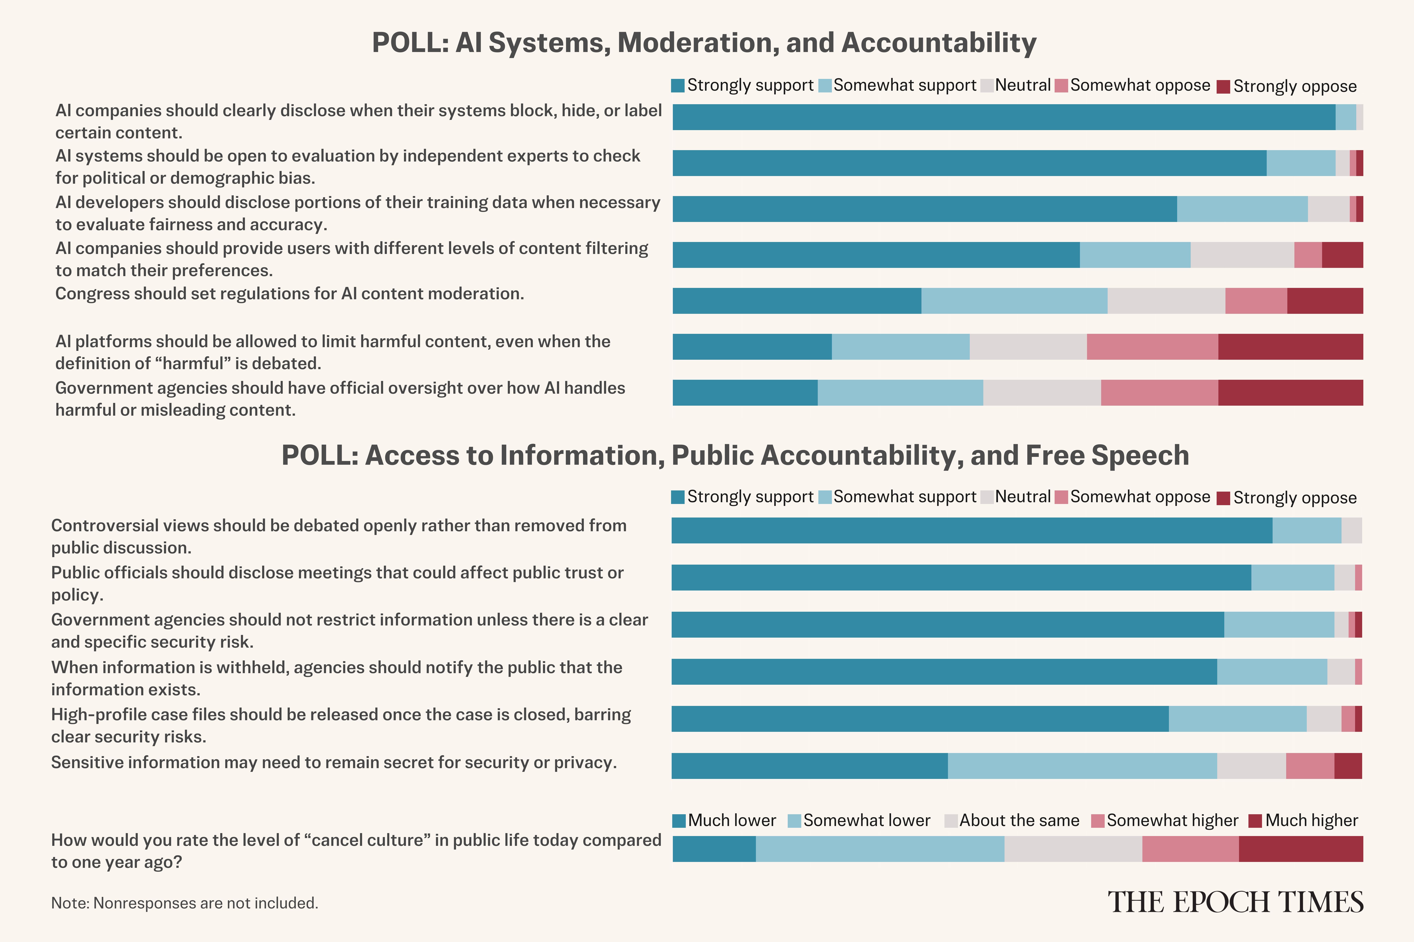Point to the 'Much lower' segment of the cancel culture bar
(714, 849)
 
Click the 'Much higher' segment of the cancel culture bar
(1300, 849)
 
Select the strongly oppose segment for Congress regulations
(1324, 301)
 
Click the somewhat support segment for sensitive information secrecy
(1082, 766)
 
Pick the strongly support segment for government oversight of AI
(745, 393)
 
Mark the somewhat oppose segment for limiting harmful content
(1152, 347)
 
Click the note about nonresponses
(185, 903)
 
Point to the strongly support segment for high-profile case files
(920, 719)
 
